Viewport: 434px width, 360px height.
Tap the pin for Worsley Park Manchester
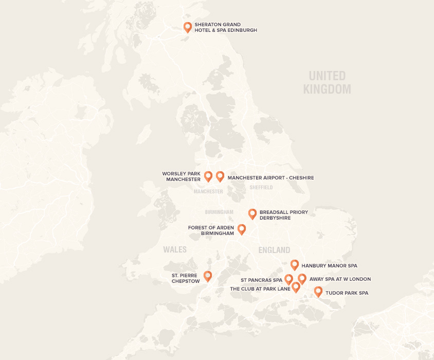(x=208, y=176)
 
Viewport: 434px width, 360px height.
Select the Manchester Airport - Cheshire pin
(x=220, y=176)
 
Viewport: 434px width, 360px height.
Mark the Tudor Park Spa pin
(x=318, y=292)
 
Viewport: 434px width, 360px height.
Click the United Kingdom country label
(x=327, y=83)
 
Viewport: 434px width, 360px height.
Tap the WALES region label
(x=175, y=249)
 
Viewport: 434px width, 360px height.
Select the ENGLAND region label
(x=274, y=250)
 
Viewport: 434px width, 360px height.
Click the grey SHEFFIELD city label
(x=261, y=188)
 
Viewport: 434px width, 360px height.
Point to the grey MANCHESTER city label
(x=208, y=191)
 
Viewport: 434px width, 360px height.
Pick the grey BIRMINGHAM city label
(x=219, y=212)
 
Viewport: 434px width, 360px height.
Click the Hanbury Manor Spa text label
(x=329, y=266)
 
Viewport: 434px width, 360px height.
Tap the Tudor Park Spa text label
(x=347, y=293)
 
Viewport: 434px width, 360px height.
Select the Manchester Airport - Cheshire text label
(x=270, y=178)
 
